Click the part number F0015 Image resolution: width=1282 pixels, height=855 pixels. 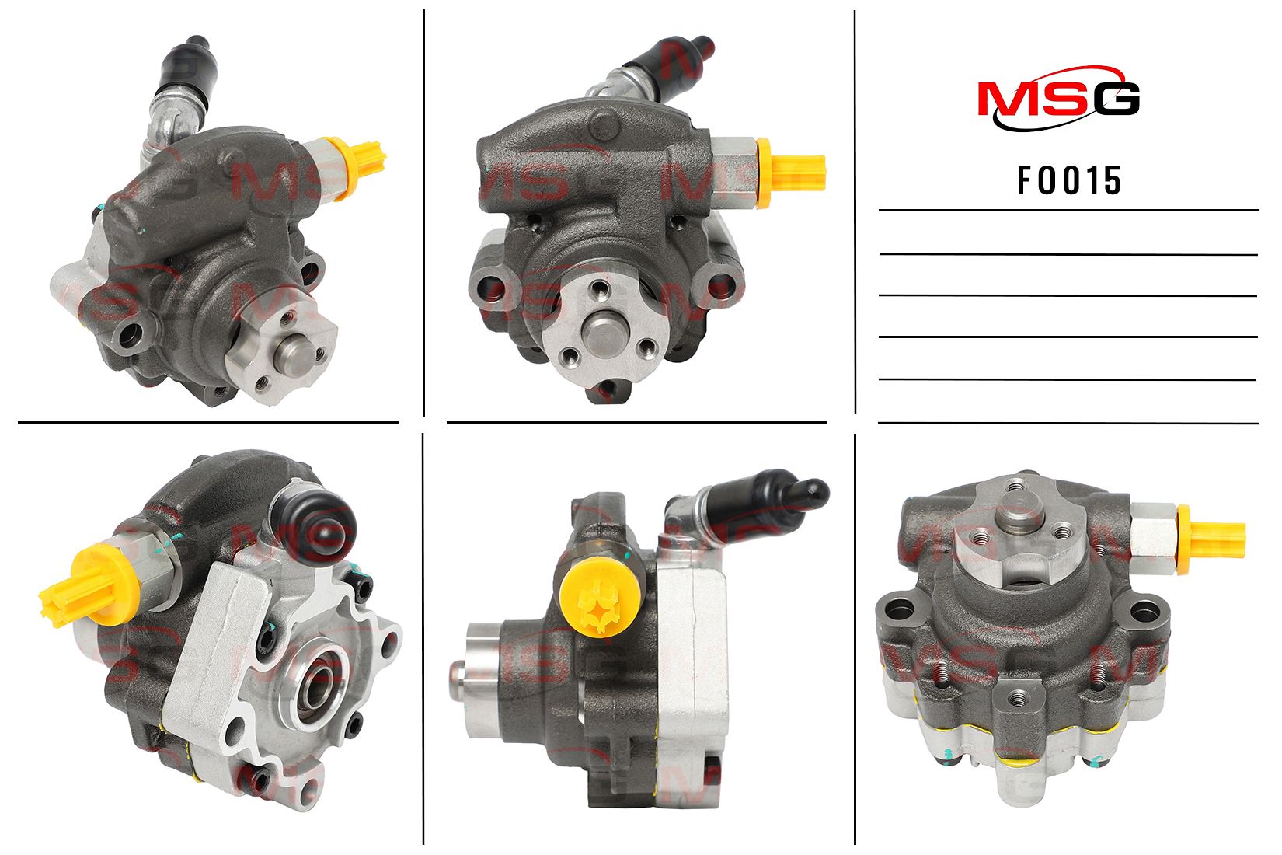(x=1068, y=180)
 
